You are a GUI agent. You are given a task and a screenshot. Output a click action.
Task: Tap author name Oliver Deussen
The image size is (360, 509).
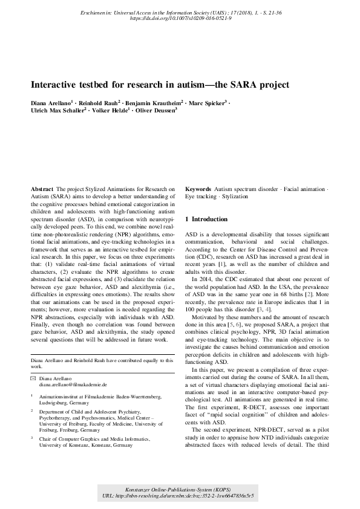(x=155, y=111)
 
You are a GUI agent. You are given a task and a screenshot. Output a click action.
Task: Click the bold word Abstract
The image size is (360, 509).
(x=42, y=189)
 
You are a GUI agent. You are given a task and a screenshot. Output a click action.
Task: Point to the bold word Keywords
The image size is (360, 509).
(x=198, y=189)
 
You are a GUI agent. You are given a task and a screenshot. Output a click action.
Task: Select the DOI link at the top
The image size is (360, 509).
(x=180, y=19)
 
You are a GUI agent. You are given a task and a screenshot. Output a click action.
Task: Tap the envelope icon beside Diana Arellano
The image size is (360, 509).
(x=33, y=378)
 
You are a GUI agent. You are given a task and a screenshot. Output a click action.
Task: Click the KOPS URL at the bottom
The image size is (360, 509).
(x=180, y=496)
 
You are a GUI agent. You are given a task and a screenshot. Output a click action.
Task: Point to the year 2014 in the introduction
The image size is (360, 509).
(x=206, y=271)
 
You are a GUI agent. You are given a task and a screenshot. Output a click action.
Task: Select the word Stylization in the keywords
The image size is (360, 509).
(x=235, y=197)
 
